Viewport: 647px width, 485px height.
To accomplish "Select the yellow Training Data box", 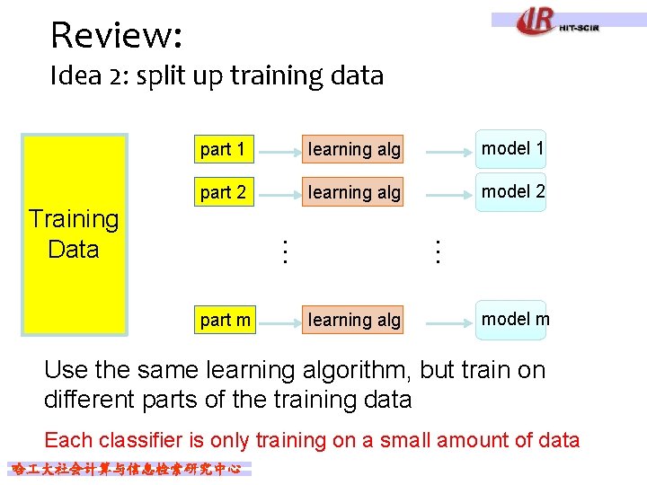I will (74, 234).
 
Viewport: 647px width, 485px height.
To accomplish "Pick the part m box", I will (225, 320).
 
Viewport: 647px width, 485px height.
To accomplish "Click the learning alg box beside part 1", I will (353, 149).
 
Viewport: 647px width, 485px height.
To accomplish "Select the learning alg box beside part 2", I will (353, 192).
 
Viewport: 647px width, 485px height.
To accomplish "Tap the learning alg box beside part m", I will (353, 320).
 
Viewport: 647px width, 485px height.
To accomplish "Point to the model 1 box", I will (511, 149).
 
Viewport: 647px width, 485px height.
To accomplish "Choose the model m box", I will (511, 320).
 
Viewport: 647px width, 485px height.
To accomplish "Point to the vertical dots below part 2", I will (284, 251).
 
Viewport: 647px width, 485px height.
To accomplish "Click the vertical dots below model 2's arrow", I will (438, 251).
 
